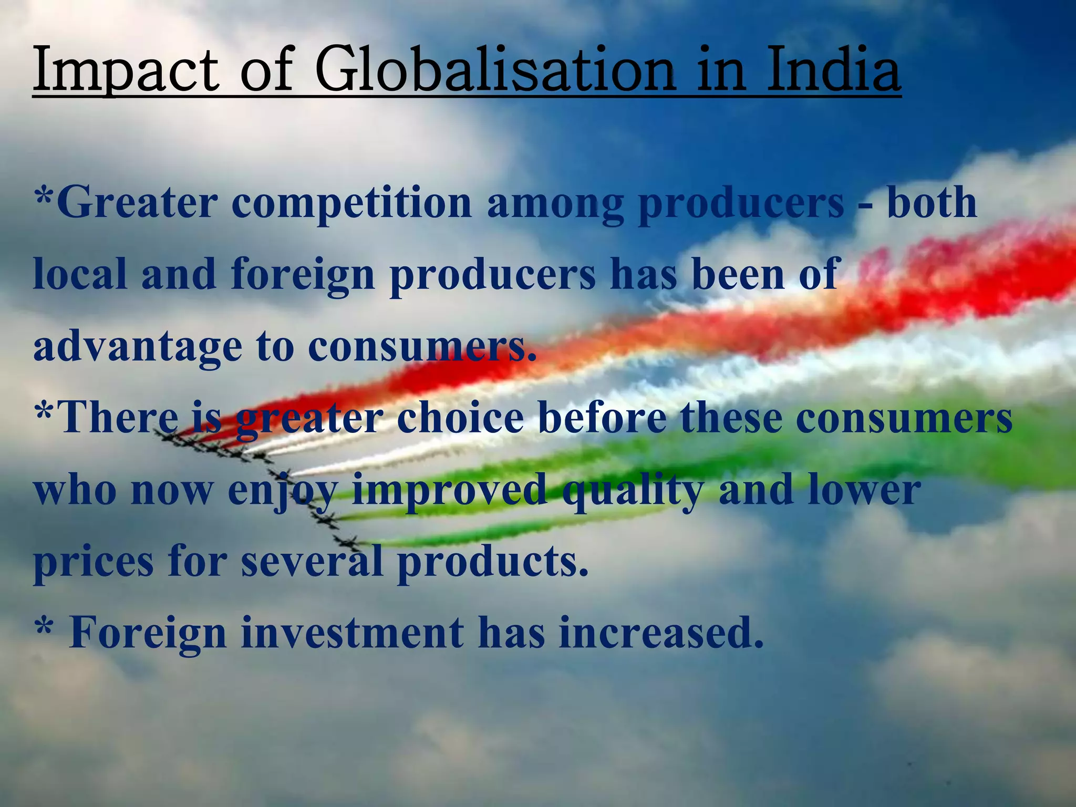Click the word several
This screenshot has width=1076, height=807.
click(312, 561)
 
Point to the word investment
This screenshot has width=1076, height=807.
click(353, 633)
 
